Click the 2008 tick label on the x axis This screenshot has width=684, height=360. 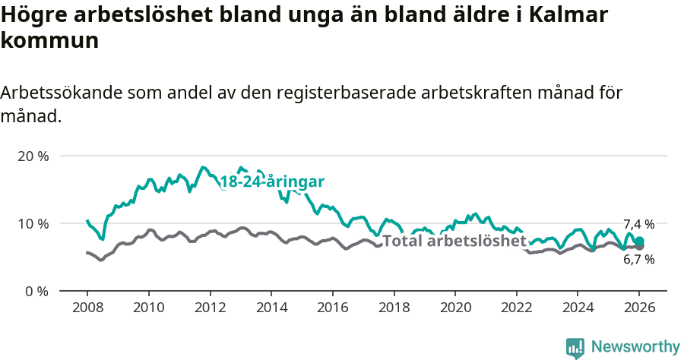click(x=87, y=308)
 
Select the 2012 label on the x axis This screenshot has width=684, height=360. click(x=210, y=308)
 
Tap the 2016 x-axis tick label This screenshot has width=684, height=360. click(x=332, y=308)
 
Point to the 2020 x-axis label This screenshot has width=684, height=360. click(x=454, y=308)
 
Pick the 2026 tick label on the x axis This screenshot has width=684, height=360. click(x=639, y=308)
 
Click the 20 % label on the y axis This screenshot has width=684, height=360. click(x=33, y=156)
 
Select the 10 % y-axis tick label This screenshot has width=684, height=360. click(x=33, y=223)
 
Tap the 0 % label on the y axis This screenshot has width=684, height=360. click(x=36, y=291)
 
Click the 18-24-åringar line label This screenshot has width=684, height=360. click(x=272, y=182)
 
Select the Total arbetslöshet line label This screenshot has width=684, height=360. click(x=454, y=242)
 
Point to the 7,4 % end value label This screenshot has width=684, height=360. click(x=638, y=224)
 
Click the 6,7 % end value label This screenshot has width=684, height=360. click(x=638, y=259)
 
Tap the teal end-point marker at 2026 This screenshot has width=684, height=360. click(x=639, y=241)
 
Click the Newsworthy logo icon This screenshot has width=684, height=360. click(x=575, y=348)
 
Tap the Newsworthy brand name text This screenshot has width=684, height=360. click(x=635, y=347)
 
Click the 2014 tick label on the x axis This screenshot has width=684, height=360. click(x=271, y=308)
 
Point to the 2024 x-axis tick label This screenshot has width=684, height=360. click(x=578, y=308)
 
